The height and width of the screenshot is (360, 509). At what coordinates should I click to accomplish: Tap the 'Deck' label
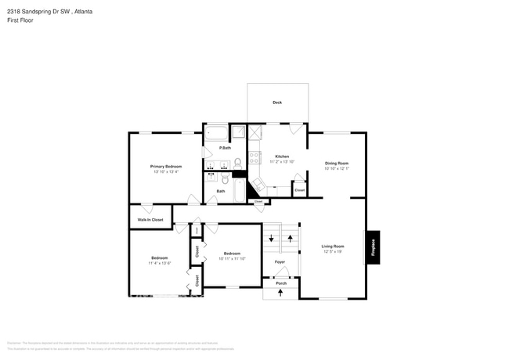[x=277, y=103]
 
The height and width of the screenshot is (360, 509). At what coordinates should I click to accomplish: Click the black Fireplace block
[x=374, y=247]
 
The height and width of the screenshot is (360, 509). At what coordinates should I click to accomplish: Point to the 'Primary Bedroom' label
[x=166, y=166]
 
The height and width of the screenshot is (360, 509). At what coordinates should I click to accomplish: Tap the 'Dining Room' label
[x=336, y=163]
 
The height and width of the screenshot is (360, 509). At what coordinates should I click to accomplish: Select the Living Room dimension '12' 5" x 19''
[x=333, y=252]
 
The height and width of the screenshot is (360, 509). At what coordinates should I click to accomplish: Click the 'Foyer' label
[x=280, y=261]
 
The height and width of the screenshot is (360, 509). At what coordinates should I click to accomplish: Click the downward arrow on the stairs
[x=271, y=238]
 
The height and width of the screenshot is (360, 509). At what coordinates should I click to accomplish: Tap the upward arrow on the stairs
[x=291, y=237]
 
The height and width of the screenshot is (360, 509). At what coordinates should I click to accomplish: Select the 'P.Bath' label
[x=225, y=148]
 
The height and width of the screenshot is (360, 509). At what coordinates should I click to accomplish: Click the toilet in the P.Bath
[x=237, y=162]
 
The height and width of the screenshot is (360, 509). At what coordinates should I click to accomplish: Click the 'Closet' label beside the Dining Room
[x=299, y=190]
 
